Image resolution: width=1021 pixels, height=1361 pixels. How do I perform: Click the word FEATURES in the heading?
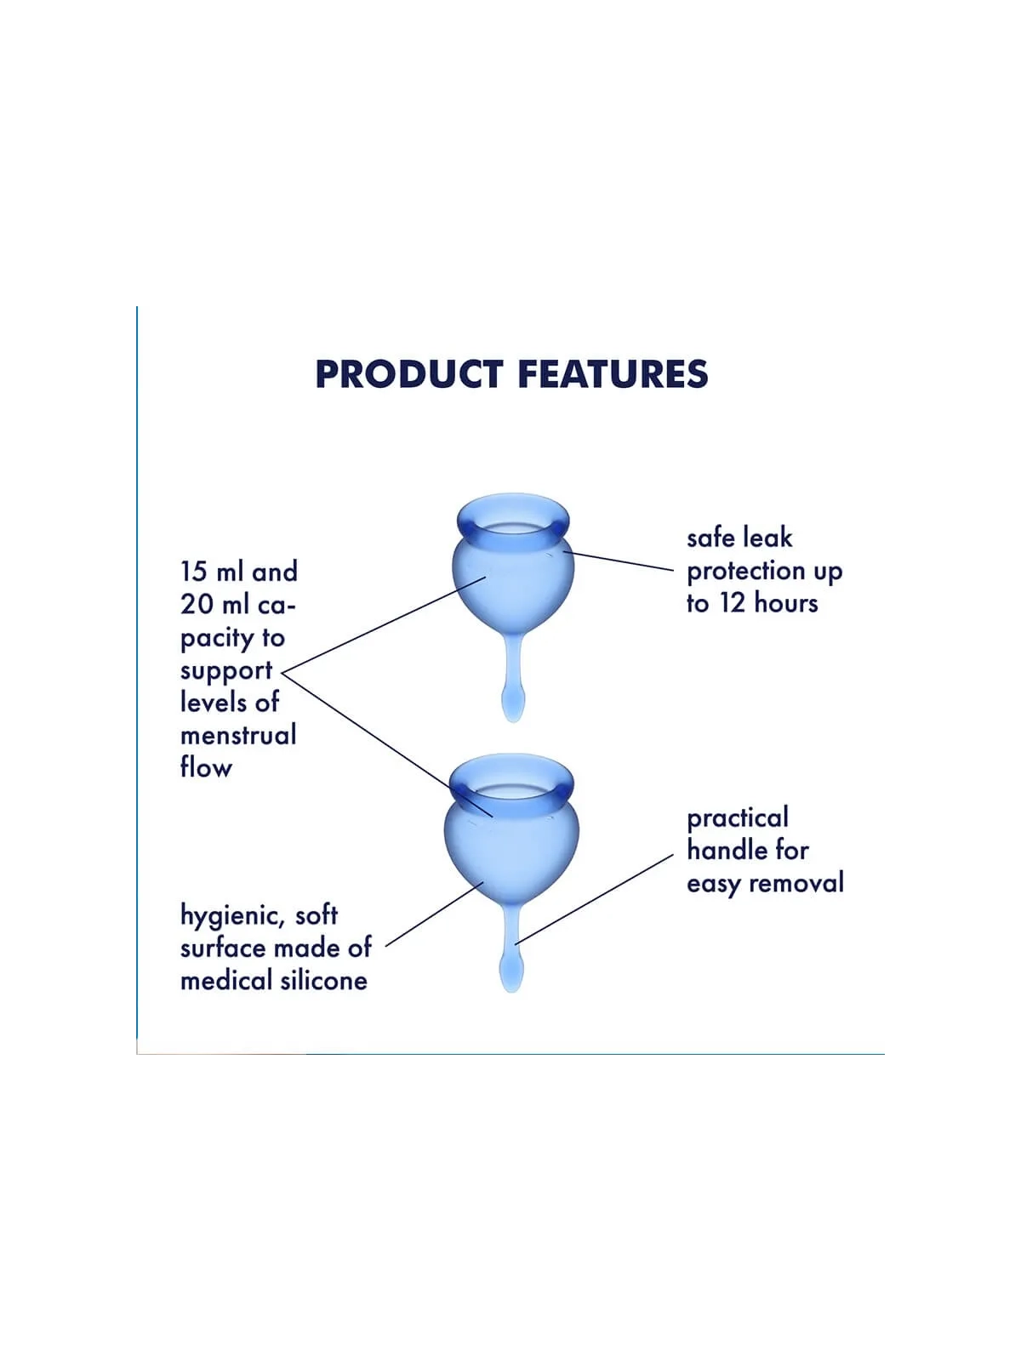click(613, 374)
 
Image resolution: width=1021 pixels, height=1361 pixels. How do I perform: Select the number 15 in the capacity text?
click(193, 572)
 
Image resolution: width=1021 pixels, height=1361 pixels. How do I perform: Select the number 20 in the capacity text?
click(197, 604)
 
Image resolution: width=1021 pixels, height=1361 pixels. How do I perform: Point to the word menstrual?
click(239, 735)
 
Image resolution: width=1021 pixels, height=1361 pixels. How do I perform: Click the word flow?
click(207, 767)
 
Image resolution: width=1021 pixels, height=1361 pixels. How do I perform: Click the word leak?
click(767, 538)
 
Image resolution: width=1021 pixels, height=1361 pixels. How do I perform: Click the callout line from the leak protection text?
click(619, 561)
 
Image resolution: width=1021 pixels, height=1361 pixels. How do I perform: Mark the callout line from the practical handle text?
click(595, 899)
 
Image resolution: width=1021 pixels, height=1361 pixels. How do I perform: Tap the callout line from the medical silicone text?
click(434, 914)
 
